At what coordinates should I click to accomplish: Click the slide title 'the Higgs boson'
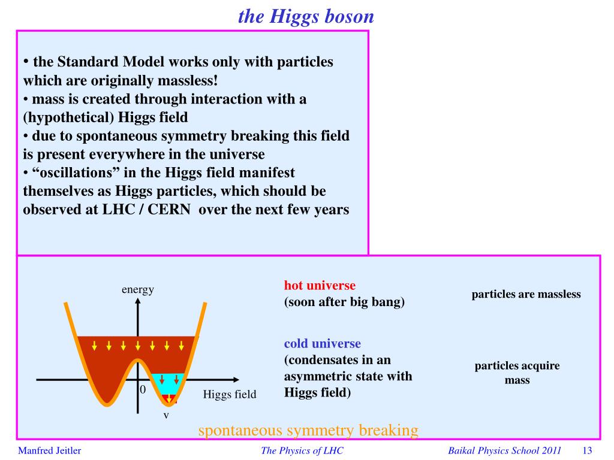tap(306, 17)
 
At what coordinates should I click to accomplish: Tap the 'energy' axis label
tap(138, 290)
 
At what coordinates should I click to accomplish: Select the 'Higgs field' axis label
tap(230, 394)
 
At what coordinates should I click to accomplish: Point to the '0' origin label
tap(143, 389)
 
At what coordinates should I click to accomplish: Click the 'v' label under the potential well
tap(167, 416)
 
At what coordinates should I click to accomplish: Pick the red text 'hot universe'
tap(320, 285)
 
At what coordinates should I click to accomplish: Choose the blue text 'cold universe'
tap(322, 343)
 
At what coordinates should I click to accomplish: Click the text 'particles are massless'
tap(526, 294)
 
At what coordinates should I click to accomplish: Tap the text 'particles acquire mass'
tap(517, 373)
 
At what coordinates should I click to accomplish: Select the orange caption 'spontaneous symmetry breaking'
tap(308, 430)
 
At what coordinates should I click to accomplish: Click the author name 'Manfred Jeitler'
tap(49, 450)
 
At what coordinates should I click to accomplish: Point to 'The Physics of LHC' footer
tap(302, 450)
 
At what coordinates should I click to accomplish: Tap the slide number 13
tap(587, 450)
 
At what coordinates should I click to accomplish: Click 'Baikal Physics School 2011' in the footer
tap(504, 450)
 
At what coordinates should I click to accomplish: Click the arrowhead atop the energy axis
tap(137, 301)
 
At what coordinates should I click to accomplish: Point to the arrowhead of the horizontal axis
tap(236, 379)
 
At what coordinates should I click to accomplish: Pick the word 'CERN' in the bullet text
tap(168, 209)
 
